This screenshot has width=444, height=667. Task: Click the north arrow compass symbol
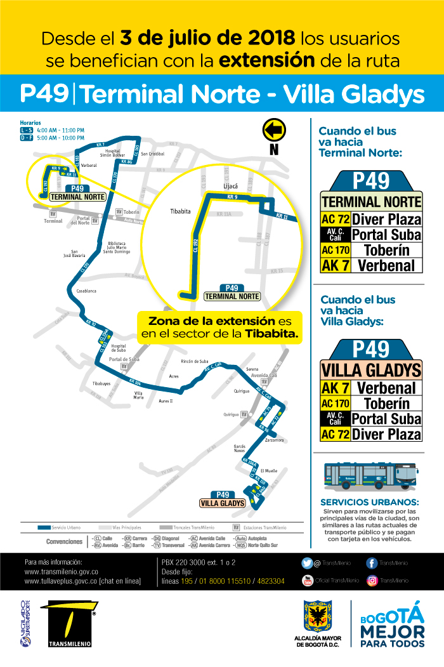[x=273, y=131]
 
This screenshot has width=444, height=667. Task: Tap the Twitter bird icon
[x=307, y=562]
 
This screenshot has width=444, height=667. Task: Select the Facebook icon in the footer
[x=372, y=562]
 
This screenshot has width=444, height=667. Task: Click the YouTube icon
[x=307, y=579]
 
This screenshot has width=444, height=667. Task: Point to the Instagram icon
[x=372, y=579]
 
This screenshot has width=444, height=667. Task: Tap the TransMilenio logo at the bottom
[x=70, y=624]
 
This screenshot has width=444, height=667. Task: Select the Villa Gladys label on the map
[x=221, y=503]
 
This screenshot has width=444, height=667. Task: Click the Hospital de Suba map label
[x=119, y=348]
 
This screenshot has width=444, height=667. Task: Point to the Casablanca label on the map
[x=86, y=291]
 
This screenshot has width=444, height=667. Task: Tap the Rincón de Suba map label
[x=195, y=361]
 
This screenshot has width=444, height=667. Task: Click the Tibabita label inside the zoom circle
[x=180, y=211]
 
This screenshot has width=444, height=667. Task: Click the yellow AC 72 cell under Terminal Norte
[x=336, y=220]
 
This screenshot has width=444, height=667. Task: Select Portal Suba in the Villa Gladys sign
[x=386, y=419]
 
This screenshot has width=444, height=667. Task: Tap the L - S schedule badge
[x=27, y=130]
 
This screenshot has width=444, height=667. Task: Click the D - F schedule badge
[x=27, y=138]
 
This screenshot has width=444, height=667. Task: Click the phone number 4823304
[x=271, y=581]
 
